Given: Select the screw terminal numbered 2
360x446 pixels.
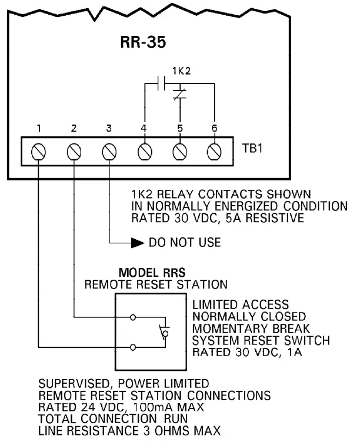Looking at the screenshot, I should [74, 152].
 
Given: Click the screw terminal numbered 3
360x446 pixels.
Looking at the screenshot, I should [109, 152].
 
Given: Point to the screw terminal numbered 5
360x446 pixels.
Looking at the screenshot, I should [180, 152].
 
